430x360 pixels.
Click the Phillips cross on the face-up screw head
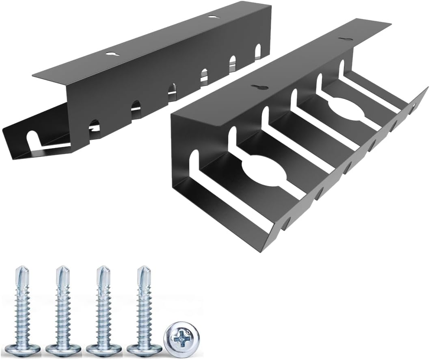point(180,337)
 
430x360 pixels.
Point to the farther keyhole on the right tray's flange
point(346,39)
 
